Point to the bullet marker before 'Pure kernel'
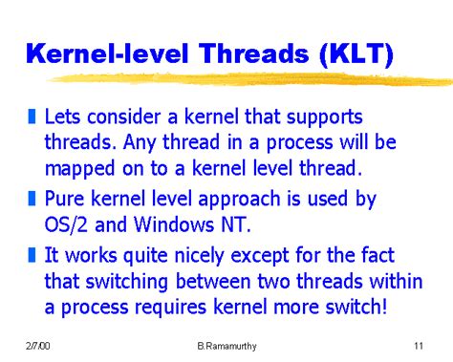(32, 201)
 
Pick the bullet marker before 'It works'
(32, 255)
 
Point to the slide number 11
(419, 345)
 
